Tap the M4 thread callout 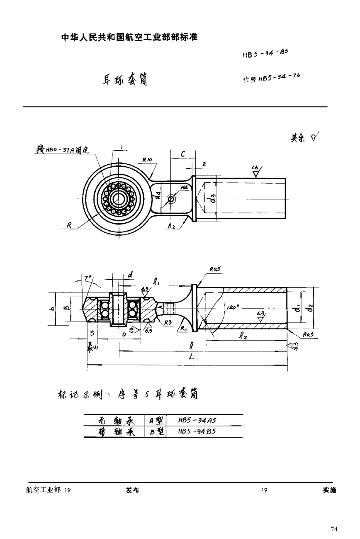(x=183, y=188)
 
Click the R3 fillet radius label (x=168, y=322)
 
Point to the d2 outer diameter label (x=310, y=308)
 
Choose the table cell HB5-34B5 (x=197, y=431)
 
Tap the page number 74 (x=334, y=529)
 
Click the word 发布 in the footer (x=132, y=490)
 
